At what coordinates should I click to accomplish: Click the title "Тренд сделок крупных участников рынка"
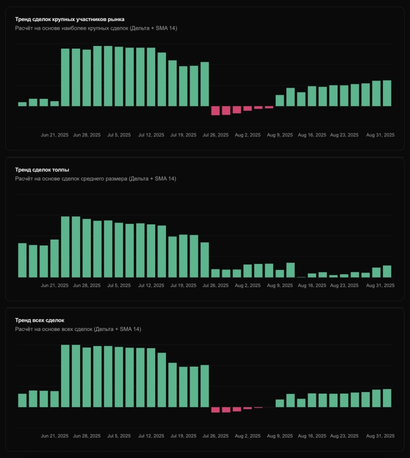click(x=70, y=19)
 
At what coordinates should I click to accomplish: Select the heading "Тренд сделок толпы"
click(x=42, y=170)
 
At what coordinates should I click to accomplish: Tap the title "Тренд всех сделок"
click(x=41, y=320)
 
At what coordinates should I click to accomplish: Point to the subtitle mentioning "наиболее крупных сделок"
click(x=96, y=28)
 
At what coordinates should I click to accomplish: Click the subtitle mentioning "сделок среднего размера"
click(x=95, y=178)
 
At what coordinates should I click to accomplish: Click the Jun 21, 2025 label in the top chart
click(x=55, y=135)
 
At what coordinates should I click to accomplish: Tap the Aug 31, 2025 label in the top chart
click(x=381, y=135)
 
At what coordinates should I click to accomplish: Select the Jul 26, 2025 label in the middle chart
click(x=216, y=286)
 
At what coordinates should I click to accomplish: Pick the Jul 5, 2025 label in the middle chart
click(x=119, y=286)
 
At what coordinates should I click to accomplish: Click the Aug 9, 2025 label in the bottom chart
click(x=280, y=436)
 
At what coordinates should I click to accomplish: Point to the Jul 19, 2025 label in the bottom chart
click(x=183, y=436)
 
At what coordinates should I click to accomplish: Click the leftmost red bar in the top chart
click(x=215, y=110)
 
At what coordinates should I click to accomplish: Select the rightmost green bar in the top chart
click(x=387, y=93)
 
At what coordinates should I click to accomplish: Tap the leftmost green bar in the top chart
click(x=22, y=104)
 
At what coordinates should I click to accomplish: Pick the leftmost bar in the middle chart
click(x=22, y=260)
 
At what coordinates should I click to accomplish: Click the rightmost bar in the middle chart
click(x=387, y=271)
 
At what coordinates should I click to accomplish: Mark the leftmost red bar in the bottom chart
click(x=215, y=409)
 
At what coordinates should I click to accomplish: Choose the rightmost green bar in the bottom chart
click(x=387, y=398)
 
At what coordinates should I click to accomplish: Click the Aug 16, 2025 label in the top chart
click(x=313, y=135)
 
